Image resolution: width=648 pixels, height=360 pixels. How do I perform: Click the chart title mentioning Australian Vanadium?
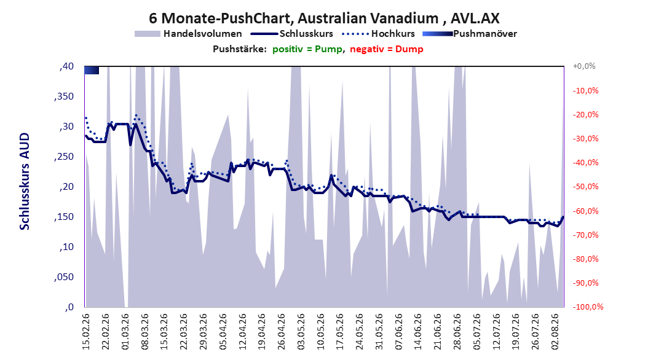click(x=324, y=18)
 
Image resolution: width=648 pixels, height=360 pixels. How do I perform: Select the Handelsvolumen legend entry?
click(x=188, y=34)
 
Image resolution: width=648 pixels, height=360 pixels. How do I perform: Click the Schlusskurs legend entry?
click(x=292, y=34)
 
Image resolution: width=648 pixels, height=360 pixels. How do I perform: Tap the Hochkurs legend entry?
click(x=379, y=34)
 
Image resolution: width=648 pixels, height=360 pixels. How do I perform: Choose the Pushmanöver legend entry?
click(x=470, y=34)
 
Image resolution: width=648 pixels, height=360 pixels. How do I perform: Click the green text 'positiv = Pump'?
click(x=307, y=49)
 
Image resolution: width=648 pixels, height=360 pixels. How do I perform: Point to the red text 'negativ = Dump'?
click(x=387, y=49)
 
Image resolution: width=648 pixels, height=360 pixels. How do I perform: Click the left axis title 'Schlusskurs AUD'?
click(x=25, y=181)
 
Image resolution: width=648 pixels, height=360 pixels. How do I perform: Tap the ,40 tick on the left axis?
click(x=66, y=66)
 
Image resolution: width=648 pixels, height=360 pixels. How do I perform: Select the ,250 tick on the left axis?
click(x=64, y=157)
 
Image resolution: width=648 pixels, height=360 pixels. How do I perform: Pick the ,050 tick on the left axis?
click(x=64, y=277)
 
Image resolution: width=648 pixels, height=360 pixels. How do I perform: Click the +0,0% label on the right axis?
click(x=584, y=66)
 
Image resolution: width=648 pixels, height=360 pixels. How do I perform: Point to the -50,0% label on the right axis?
click(x=585, y=187)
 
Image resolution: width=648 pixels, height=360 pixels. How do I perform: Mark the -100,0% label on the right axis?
click(x=588, y=307)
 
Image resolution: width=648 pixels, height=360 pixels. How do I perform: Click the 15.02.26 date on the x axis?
click(x=86, y=332)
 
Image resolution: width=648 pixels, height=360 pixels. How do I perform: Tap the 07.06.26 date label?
click(x=398, y=332)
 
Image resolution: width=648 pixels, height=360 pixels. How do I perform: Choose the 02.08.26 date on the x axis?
click(x=555, y=332)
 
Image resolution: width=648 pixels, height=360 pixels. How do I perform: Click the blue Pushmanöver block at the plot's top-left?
click(x=92, y=70)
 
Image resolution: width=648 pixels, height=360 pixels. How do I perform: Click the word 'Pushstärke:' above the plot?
click(x=240, y=49)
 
